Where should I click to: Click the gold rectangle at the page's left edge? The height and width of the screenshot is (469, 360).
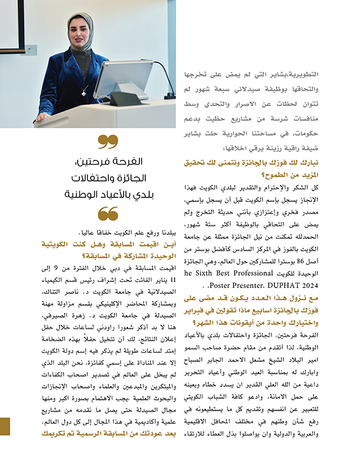pos(5,426)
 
